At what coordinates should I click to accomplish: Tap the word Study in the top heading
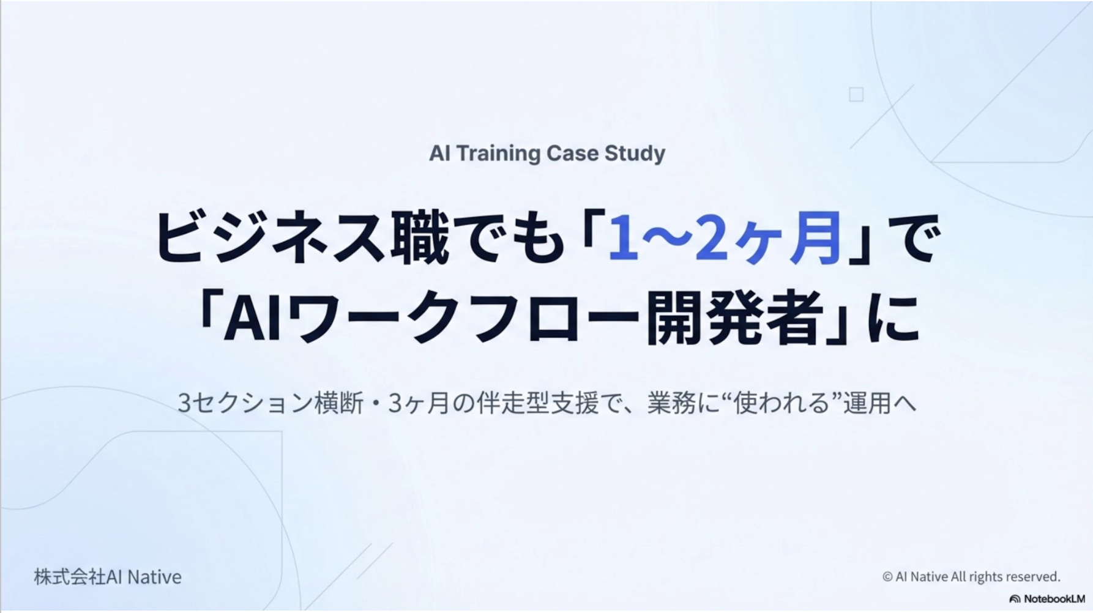[635, 153]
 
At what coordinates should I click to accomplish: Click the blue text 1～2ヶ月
[725, 239]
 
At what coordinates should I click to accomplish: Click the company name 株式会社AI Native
[108, 577]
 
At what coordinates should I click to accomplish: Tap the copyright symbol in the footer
[887, 577]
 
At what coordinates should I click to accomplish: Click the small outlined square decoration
[856, 94]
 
